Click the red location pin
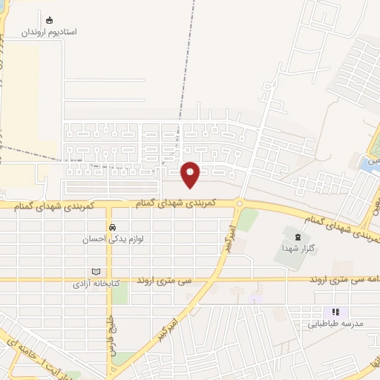tap(191, 174)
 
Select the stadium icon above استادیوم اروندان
tap(50, 20)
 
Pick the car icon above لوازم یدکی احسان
tap(112, 227)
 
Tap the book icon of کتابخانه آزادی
tap(95, 272)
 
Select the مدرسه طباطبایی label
tap(335, 324)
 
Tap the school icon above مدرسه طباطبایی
tap(335, 312)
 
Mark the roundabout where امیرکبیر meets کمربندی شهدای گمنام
tap(239, 203)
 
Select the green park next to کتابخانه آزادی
tap(119, 292)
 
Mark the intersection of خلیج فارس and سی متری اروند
tap(110, 281)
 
